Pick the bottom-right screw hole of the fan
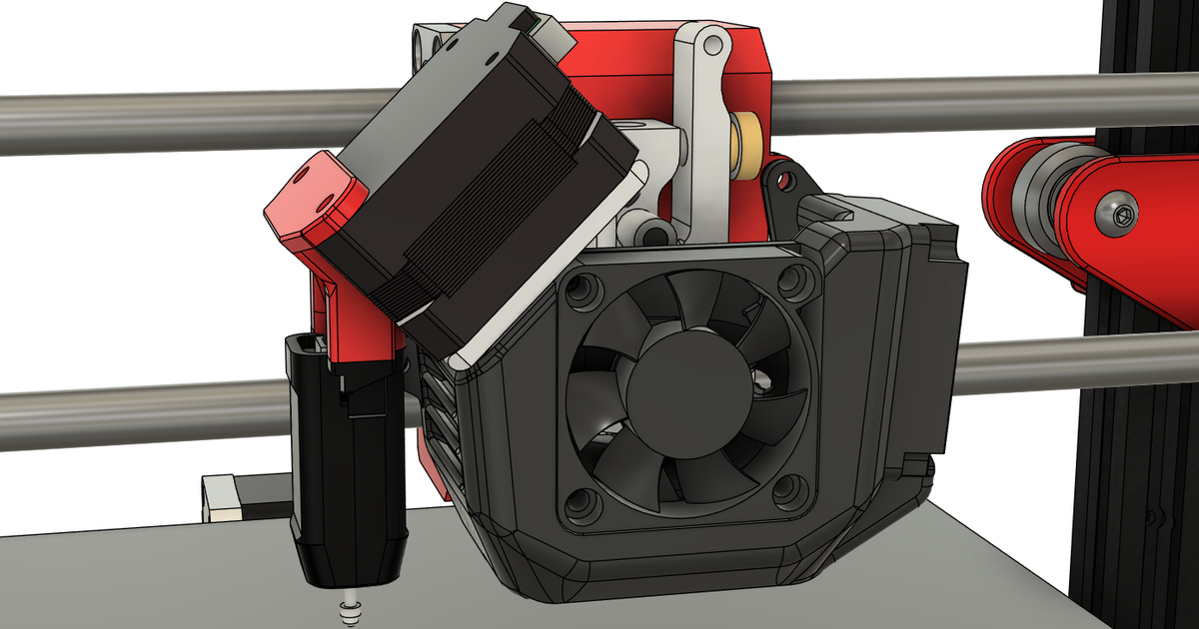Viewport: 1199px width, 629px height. click(x=789, y=489)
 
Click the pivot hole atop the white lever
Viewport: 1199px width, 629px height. click(x=710, y=45)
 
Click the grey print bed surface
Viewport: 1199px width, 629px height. click(x=150, y=579)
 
